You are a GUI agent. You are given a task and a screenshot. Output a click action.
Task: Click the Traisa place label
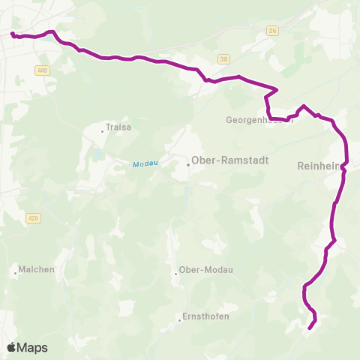119,127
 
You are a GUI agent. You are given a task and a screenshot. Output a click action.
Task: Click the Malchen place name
37,269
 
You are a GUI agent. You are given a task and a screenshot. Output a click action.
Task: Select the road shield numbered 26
272,31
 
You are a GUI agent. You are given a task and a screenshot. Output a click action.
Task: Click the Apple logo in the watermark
12,347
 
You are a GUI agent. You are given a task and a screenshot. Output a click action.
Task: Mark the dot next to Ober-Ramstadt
188,164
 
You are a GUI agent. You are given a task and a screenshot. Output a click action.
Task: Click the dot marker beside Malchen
16,273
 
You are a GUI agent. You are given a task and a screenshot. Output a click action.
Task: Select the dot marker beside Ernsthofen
180,320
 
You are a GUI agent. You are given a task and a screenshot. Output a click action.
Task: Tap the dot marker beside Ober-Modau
175,273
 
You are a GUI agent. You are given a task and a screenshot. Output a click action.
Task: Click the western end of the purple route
12,34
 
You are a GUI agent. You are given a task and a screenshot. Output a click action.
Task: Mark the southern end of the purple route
310,327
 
